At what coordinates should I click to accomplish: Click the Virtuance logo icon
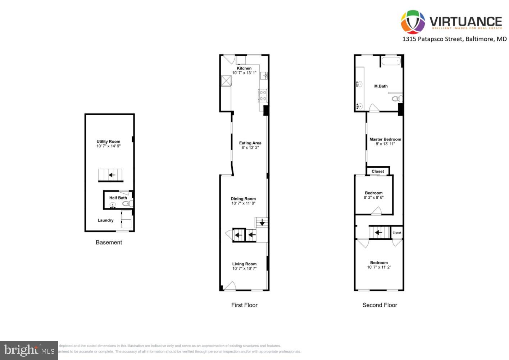[x=413, y=22]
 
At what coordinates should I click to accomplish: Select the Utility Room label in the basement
[x=108, y=141]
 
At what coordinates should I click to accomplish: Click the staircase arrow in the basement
[x=112, y=175]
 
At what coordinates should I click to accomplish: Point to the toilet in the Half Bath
[x=127, y=204]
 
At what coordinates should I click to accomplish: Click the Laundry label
[x=105, y=220]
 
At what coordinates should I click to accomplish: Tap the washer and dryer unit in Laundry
[x=126, y=220]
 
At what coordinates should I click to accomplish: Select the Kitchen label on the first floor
[x=244, y=68]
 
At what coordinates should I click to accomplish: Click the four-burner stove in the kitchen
[x=263, y=95]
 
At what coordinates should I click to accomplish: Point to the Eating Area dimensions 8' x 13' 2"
[x=250, y=148]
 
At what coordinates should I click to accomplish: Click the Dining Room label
[x=243, y=199]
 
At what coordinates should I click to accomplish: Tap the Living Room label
[x=244, y=264]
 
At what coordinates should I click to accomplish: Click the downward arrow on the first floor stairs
[x=262, y=222]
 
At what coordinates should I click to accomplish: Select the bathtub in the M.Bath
[x=391, y=61]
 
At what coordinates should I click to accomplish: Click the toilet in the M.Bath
[x=396, y=99]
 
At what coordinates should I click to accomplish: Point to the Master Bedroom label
[x=385, y=139]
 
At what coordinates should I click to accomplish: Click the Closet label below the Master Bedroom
[x=378, y=171]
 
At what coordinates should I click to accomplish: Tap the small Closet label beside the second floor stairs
[x=397, y=233]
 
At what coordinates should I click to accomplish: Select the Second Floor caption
[x=380, y=305]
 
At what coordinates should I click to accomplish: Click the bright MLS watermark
[x=29, y=350]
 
